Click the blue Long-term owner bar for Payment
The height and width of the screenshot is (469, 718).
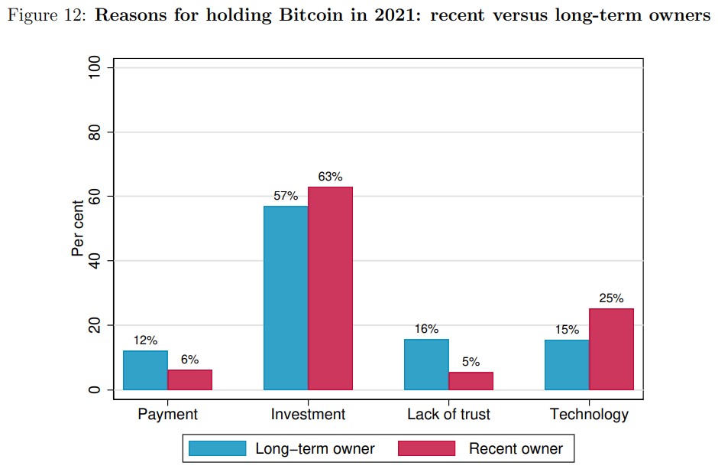[145, 370]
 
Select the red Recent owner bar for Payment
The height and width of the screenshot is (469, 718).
[189, 380]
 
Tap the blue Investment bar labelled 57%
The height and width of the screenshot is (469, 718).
[286, 298]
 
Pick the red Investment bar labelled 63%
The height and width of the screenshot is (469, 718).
[330, 288]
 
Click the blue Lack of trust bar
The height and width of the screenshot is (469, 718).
[426, 364]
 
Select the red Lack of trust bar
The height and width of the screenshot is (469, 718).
[471, 381]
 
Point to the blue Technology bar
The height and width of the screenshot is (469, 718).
[567, 365]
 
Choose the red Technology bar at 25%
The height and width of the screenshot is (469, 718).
[611, 349]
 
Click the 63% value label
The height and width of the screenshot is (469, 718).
[330, 177]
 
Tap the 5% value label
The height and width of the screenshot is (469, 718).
[471, 362]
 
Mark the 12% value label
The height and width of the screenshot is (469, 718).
[145, 340]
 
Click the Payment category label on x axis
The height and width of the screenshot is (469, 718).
[167, 415]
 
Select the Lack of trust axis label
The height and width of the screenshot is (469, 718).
[448, 415]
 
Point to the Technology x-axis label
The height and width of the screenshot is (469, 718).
[589, 415]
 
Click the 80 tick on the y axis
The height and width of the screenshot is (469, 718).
[92, 132]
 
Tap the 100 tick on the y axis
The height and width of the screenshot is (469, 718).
[92, 68]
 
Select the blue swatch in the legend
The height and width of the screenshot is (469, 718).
[218, 448]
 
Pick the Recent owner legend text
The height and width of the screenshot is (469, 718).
[516, 449]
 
